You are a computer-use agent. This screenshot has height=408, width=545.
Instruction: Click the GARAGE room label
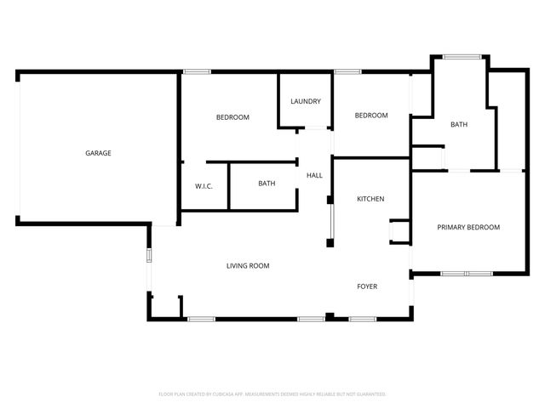[98, 153]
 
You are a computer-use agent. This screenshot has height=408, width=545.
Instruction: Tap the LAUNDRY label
[306, 102]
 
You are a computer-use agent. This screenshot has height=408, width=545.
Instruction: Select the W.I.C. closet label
[204, 186]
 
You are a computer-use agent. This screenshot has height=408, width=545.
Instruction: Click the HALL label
[314, 175]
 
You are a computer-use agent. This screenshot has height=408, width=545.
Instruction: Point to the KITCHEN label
[370, 199]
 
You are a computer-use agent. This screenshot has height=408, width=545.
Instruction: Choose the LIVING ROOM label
[248, 266]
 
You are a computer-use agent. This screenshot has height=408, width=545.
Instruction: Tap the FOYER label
[367, 286]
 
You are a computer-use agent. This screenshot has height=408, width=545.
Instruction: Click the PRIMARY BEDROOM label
[468, 227]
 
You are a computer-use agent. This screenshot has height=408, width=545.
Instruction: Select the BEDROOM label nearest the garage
[232, 117]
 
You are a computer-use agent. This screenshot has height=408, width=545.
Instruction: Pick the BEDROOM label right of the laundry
[371, 116]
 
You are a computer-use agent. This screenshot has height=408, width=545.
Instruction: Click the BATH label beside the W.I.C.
[267, 183]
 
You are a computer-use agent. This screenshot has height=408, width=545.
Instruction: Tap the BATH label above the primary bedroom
[459, 125]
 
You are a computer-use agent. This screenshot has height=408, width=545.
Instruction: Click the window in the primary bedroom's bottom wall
[466, 274]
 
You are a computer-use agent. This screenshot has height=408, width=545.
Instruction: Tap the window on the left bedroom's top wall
[198, 71]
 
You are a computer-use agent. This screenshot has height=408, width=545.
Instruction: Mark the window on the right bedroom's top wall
[347, 71]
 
